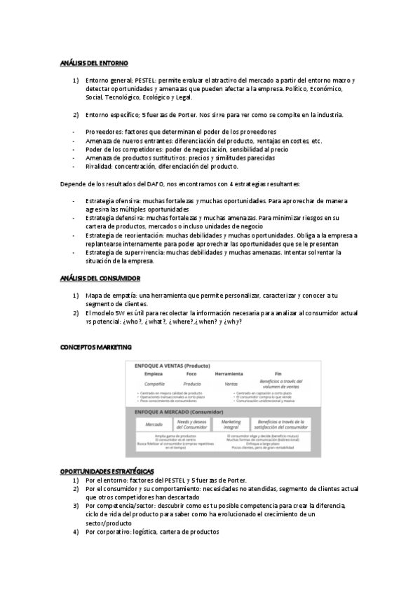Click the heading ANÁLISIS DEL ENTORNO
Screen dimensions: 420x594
tap(93, 64)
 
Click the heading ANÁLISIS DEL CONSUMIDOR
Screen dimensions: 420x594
tap(100, 279)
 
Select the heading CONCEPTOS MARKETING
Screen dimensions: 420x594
tap(95, 347)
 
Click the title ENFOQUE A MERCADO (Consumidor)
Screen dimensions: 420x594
tap(172, 412)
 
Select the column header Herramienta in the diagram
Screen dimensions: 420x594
tap(229, 375)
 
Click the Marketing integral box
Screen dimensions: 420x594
tap(231, 424)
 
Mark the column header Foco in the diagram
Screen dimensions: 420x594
tap(191, 375)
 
